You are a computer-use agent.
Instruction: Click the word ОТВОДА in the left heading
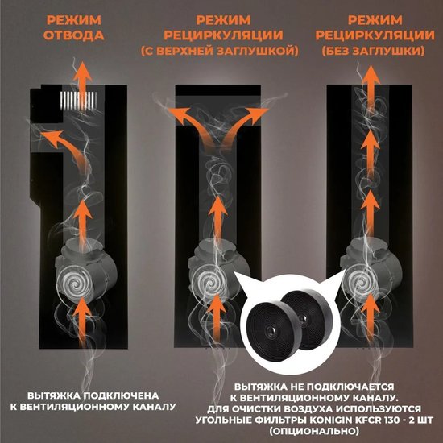[x=74, y=35]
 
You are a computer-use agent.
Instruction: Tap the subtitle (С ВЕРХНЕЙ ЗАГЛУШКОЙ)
[x=220, y=51]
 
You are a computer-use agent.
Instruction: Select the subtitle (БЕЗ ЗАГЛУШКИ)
[x=373, y=51]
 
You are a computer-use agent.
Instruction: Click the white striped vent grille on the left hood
[x=78, y=101]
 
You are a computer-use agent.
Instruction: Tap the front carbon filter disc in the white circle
[x=271, y=327]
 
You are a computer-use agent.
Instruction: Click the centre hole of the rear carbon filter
[x=303, y=318]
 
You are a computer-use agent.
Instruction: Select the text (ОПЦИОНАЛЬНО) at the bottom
[x=313, y=432]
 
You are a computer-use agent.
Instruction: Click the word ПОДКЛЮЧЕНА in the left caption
[x=122, y=395]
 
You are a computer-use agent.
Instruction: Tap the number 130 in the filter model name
[x=392, y=420]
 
